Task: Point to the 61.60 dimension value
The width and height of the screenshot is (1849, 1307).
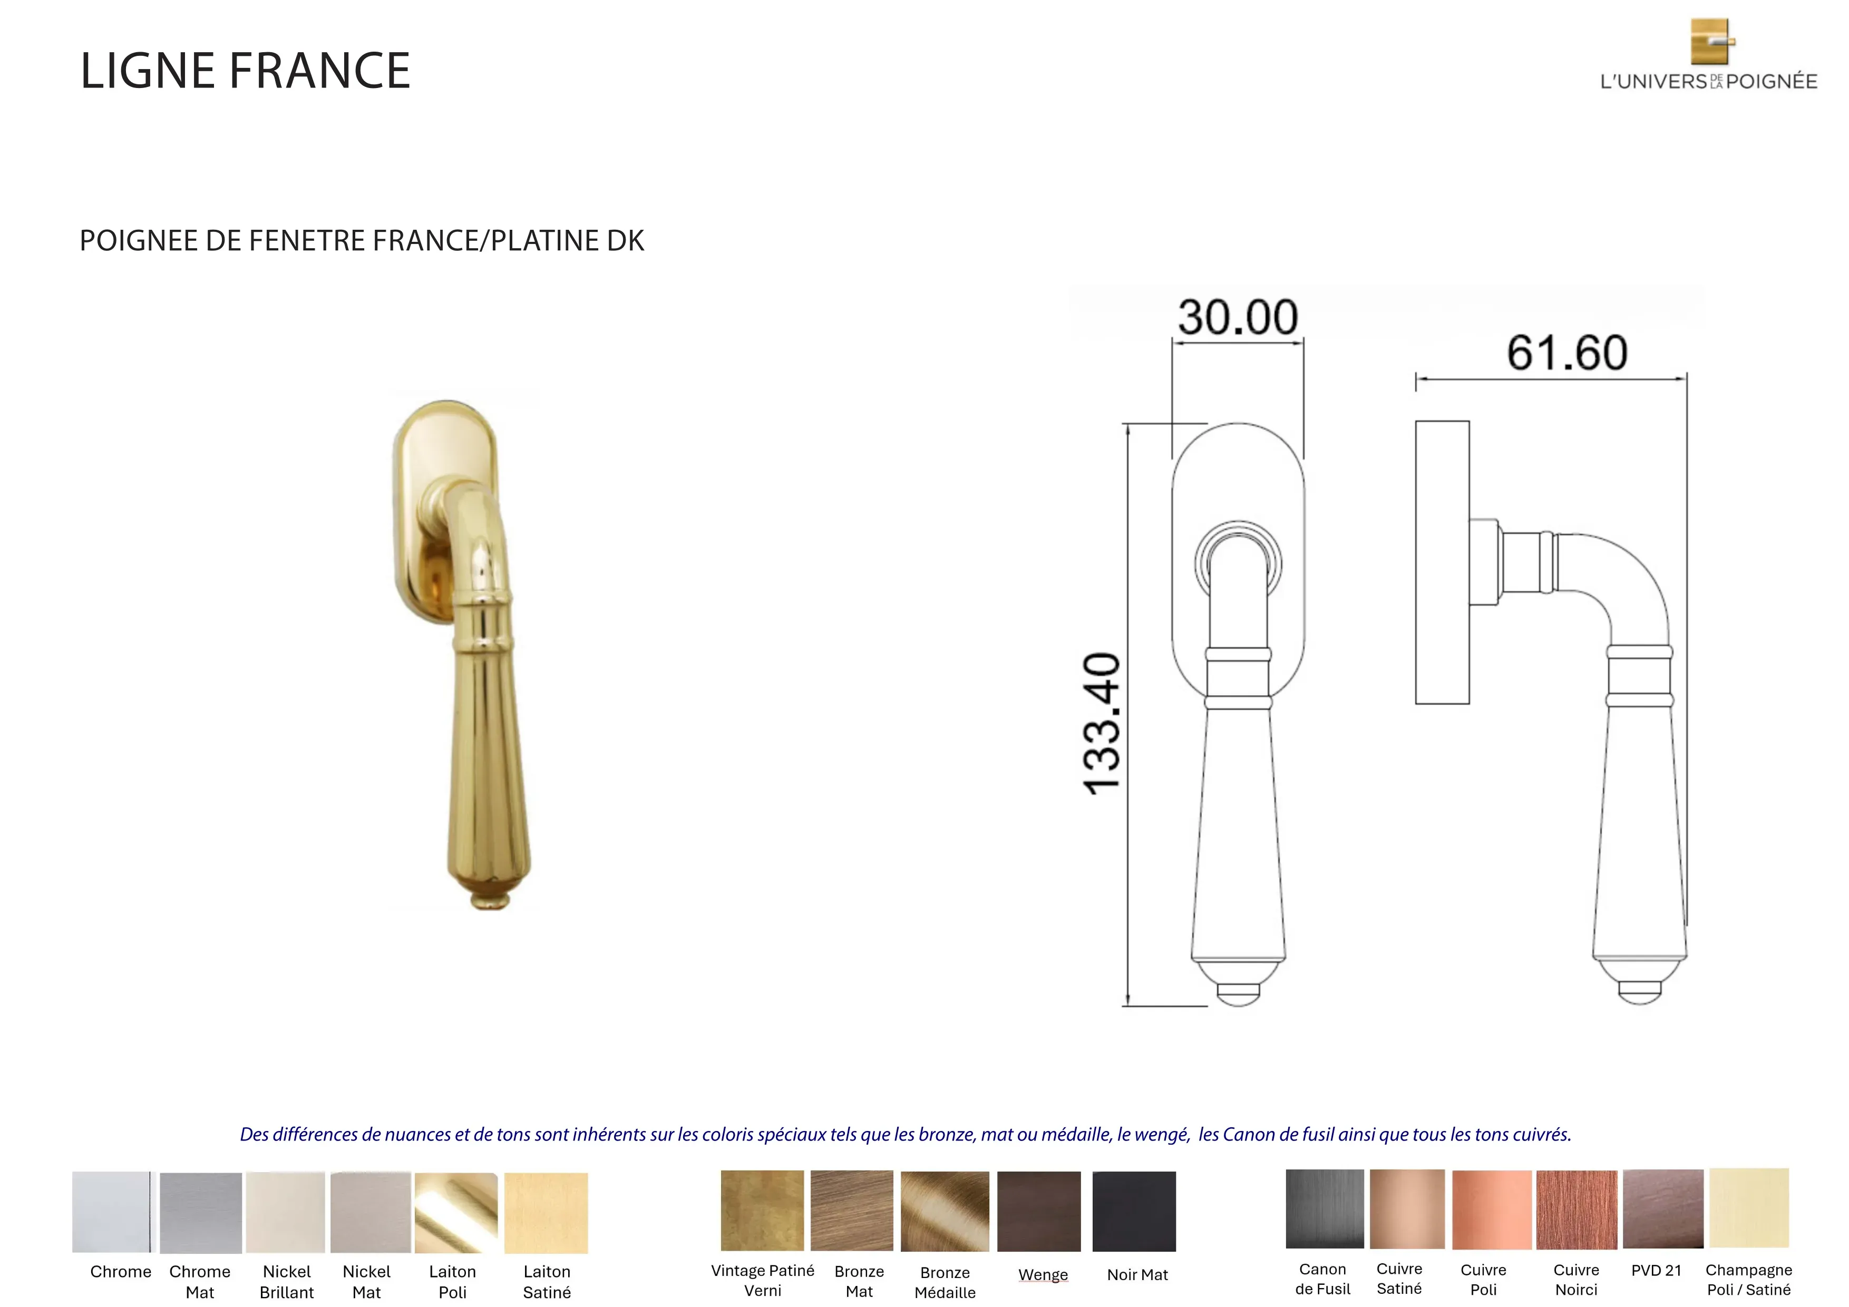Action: click(x=1567, y=353)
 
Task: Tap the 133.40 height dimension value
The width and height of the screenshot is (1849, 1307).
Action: click(x=1102, y=723)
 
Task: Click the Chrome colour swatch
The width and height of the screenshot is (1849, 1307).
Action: click(x=112, y=1212)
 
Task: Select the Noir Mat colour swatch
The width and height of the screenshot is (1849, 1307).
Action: click(x=1134, y=1211)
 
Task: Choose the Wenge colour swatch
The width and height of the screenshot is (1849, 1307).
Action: click(x=1039, y=1211)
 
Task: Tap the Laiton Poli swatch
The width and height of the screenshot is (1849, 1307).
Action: click(x=456, y=1213)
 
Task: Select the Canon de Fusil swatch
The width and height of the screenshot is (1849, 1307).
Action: click(x=1325, y=1209)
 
